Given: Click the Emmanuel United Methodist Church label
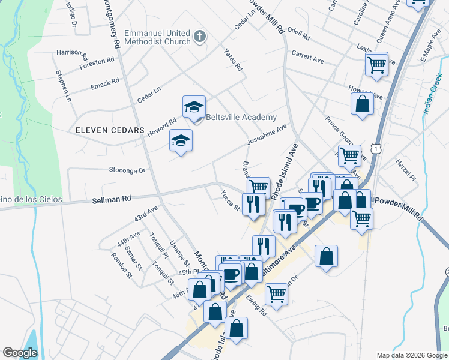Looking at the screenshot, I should pyautogui.click(x=157, y=37).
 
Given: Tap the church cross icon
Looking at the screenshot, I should pyautogui.click(x=200, y=37).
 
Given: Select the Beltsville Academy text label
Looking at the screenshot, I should pyautogui.click(x=241, y=118).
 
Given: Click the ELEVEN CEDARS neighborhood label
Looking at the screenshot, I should pyautogui.click(x=110, y=130).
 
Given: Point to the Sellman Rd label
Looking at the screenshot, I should pyautogui.click(x=111, y=199).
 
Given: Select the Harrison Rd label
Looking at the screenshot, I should pyautogui.click(x=72, y=52).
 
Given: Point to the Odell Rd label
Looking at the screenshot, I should pyautogui.click(x=298, y=34).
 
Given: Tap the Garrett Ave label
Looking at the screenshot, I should pyautogui.click(x=308, y=56).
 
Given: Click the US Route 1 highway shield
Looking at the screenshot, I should pyautogui.click(x=375, y=147).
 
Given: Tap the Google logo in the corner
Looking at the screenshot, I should pyautogui.click(x=20, y=353).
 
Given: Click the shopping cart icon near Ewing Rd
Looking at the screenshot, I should pyautogui.click(x=276, y=294).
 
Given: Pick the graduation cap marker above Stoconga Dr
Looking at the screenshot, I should pyautogui.click(x=181, y=141).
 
